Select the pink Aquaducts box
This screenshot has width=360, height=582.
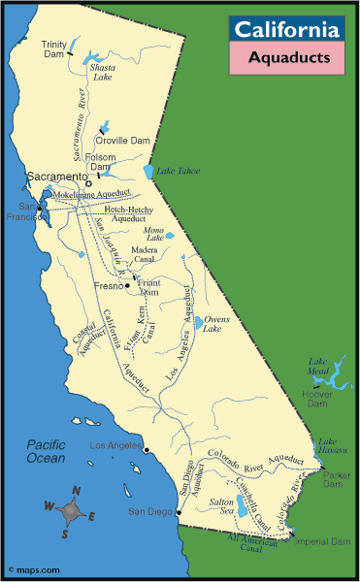287,58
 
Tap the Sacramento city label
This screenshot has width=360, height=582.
57,176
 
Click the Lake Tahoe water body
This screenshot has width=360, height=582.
148,172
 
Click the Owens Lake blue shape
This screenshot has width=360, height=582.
199,322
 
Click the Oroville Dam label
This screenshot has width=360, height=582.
133,138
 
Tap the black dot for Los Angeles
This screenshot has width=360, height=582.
146,450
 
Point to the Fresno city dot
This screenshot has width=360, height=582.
126,286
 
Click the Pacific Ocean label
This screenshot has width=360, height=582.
46,451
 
